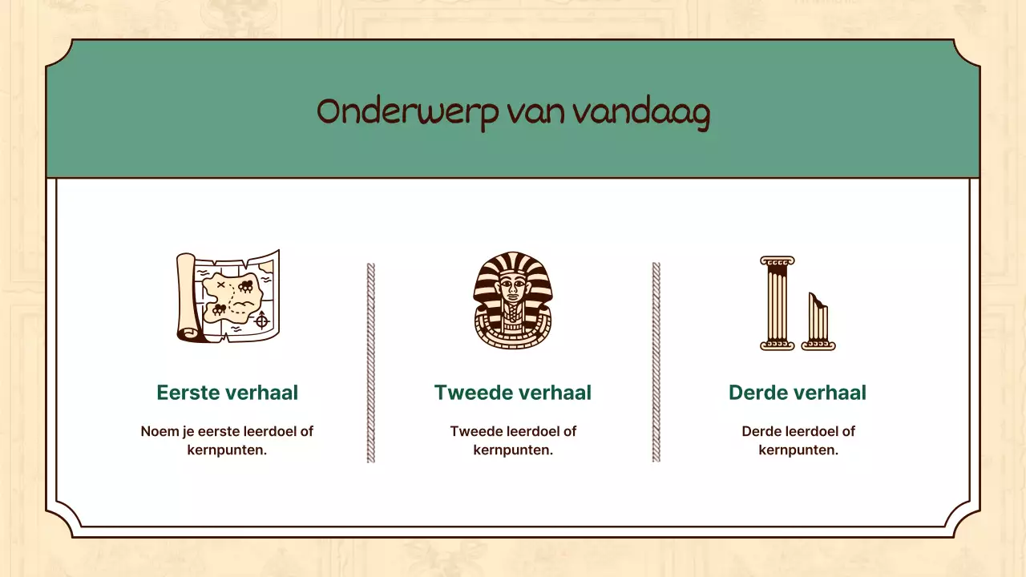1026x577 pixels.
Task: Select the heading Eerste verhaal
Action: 227,393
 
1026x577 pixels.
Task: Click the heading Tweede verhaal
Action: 512,393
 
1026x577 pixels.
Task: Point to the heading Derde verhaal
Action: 797,393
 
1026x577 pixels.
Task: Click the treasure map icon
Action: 228,297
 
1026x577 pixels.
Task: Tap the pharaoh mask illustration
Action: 512,301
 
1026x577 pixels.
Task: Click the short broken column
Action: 818,322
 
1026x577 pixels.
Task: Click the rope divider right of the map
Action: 370,362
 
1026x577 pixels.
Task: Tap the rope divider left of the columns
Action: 656,362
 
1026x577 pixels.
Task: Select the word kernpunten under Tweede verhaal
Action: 513,450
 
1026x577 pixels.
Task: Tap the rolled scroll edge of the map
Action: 187,297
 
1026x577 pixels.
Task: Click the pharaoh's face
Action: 512,289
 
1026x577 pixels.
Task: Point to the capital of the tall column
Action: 777,261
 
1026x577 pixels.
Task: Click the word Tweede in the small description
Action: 476,431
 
